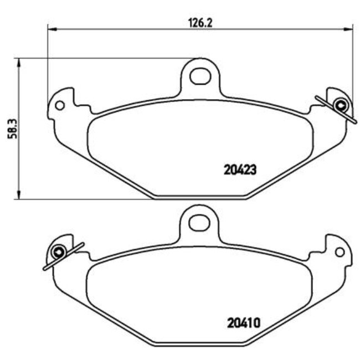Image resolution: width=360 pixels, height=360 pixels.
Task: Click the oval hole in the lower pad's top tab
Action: [x=198, y=223]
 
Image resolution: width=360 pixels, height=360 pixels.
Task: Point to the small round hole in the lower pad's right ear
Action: [x=340, y=252]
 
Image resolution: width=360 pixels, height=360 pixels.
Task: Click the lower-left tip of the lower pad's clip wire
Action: [x=44, y=269]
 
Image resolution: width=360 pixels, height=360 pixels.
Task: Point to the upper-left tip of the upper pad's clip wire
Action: [x=316, y=97]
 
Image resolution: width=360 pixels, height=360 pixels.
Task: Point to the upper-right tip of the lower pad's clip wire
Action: [x=83, y=243]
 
